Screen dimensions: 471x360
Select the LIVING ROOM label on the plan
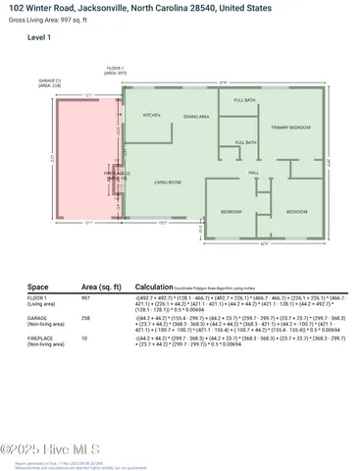click(168, 182)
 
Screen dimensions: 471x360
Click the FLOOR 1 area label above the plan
click(118, 70)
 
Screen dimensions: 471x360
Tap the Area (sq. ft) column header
click(101, 287)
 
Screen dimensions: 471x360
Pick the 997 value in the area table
click(86, 296)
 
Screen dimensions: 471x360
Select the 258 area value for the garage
click(86, 318)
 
